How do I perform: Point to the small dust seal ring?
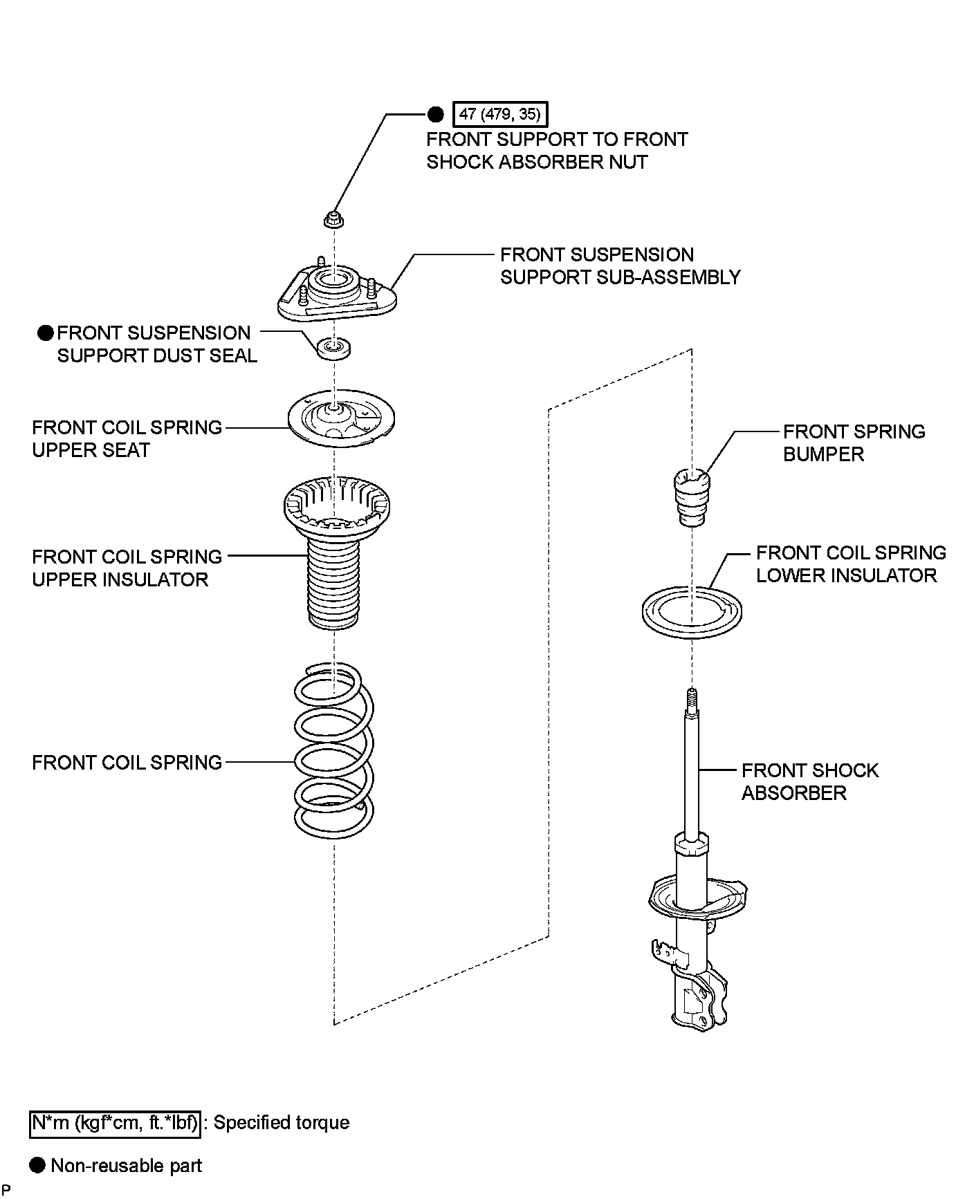[x=333, y=347]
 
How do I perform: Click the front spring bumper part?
[x=691, y=496]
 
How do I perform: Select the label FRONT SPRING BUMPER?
[x=853, y=443]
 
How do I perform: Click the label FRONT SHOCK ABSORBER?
[x=809, y=781]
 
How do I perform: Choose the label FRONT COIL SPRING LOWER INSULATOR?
[x=850, y=564]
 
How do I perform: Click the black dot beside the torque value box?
[x=436, y=114]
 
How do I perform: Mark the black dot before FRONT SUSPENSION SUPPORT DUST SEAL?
[x=46, y=333]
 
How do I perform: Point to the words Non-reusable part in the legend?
[x=127, y=1165]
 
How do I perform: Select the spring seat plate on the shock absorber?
[x=699, y=897]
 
